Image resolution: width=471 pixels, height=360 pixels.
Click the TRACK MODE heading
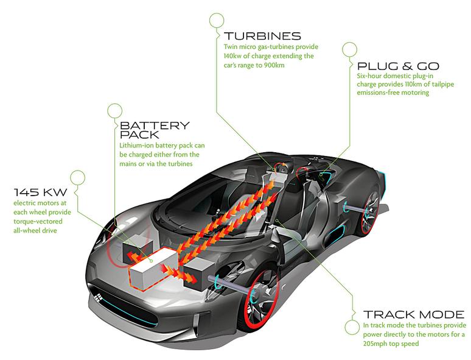(x=414, y=315)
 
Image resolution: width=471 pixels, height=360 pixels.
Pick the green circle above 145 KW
(x=78, y=177)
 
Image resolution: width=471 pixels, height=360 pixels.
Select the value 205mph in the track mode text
(x=377, y=344)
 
